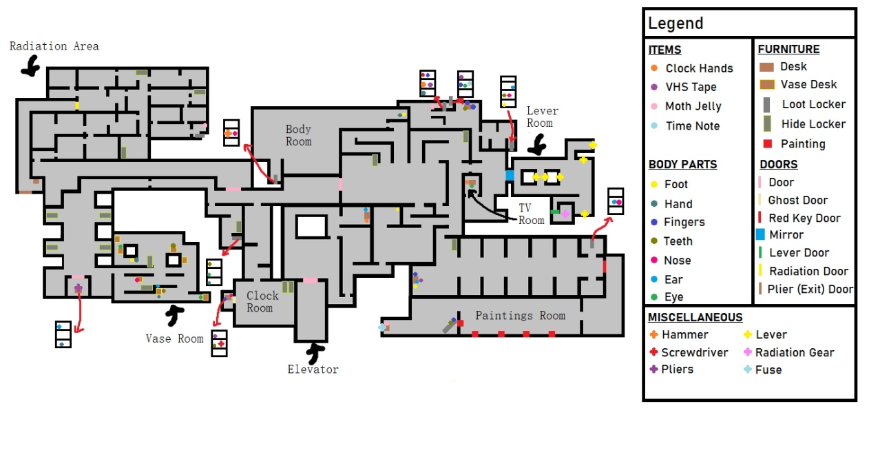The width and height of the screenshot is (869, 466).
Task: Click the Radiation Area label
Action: (54, 46)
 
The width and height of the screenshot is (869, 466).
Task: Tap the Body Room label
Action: (298, 135)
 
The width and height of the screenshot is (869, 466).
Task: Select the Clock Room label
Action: (262, 302)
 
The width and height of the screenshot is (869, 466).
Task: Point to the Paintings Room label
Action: (521, 315)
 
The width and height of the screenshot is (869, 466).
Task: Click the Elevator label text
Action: (313, 369)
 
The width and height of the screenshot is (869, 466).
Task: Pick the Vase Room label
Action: (175, 338)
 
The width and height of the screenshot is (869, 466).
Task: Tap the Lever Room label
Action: (542, 117)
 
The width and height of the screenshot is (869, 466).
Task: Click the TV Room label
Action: (531, 214)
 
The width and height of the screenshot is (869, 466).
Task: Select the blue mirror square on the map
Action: (510, 176)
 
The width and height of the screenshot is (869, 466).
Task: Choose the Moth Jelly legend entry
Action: (686, 106)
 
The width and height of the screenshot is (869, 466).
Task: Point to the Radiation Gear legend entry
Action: (788, 352)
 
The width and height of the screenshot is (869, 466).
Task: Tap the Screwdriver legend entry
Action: (689, 352)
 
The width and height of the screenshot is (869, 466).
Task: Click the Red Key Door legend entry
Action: (799, 218)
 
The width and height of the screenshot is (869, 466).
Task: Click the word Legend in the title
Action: (676, 23)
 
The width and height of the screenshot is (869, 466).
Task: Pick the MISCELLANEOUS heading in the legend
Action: (695, 317)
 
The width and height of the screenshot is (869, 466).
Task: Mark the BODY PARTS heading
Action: (683, 164)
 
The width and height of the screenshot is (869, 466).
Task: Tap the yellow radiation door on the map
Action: (77, 105)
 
